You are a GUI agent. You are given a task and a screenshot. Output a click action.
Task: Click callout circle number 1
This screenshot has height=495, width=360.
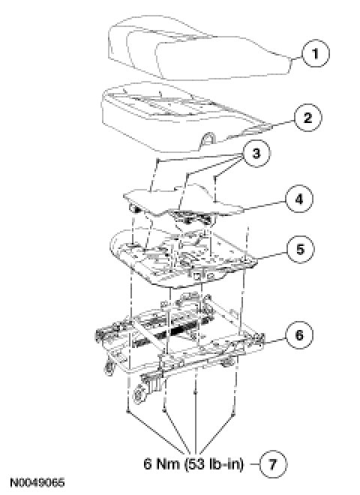[x=316, y=53]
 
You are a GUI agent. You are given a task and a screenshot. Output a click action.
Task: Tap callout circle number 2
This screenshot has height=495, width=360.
[x=308, y=118]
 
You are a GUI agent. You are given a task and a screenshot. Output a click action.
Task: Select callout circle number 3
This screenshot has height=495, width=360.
[x=256, y=154]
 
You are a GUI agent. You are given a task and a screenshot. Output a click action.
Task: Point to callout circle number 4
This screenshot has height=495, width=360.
[x=299, y=199]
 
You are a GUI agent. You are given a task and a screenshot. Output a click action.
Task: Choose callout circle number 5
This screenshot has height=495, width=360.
[x=300, y=249]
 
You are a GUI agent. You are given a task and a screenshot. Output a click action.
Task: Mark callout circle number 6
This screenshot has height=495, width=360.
[x=299, y=334]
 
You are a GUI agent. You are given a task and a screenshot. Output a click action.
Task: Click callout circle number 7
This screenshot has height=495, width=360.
[x=273, y=464]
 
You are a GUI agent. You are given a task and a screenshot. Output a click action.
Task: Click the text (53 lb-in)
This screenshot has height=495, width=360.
[x=214, y=464]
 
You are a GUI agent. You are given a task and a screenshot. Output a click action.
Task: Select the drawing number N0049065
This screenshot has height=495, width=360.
[x=37, y=483]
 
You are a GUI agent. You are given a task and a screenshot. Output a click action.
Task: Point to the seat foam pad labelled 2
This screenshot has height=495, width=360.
[x=186, y=117]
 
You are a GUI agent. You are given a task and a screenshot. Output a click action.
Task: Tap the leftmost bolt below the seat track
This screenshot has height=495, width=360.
[x=127, y=411]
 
